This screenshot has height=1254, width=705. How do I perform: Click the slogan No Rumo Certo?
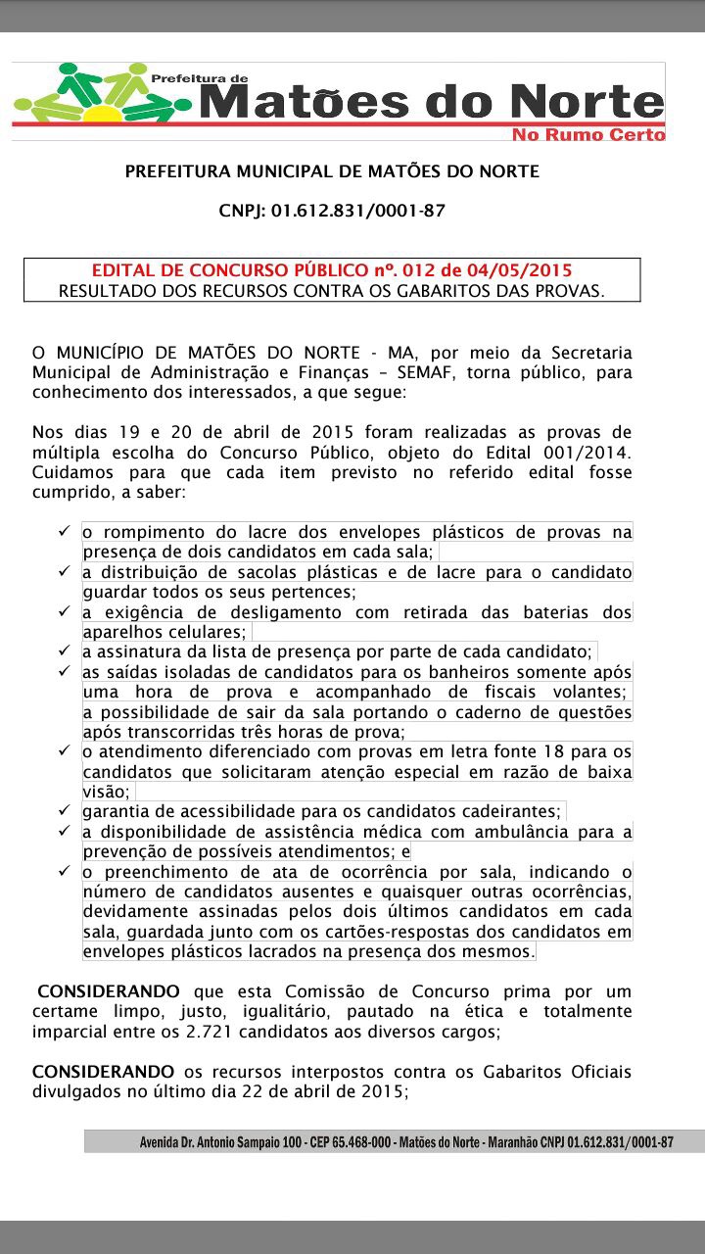[x=588, y=134]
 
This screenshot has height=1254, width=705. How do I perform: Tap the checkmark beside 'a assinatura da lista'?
[x=62, y=651]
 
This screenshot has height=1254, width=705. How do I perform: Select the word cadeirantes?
[x=511, y=811]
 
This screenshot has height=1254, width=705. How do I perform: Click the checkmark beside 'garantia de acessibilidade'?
[x=62, y=811]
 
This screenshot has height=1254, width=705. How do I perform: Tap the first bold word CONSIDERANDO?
[x=108, y=991]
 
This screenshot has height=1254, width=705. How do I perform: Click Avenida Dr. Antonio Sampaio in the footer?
[x=207, y=1142]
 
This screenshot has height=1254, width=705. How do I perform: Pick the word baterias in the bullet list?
[x=542, y=612]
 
